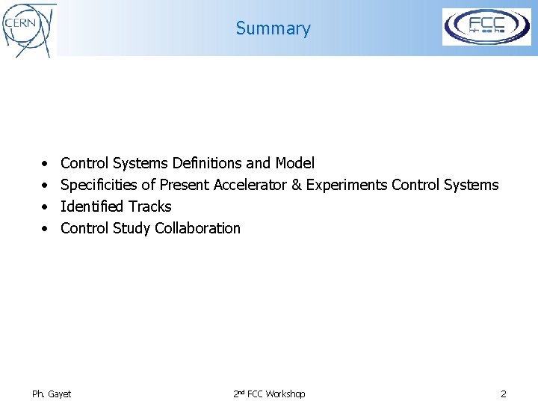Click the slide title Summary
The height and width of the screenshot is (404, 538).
(273, 28)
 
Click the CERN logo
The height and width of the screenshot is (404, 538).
(28, 29)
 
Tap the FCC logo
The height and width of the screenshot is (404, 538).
(486, 27)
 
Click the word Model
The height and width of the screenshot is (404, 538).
(294, 163)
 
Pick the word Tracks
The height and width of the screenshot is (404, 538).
(150, 206)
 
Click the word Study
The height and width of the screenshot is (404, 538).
(132, 228)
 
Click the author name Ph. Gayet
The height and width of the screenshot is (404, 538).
(52, 394)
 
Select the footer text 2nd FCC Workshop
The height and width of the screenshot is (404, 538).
(269, 394)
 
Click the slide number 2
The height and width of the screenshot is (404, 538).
(504, 394)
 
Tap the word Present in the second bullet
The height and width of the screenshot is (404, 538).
(185, 185)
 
